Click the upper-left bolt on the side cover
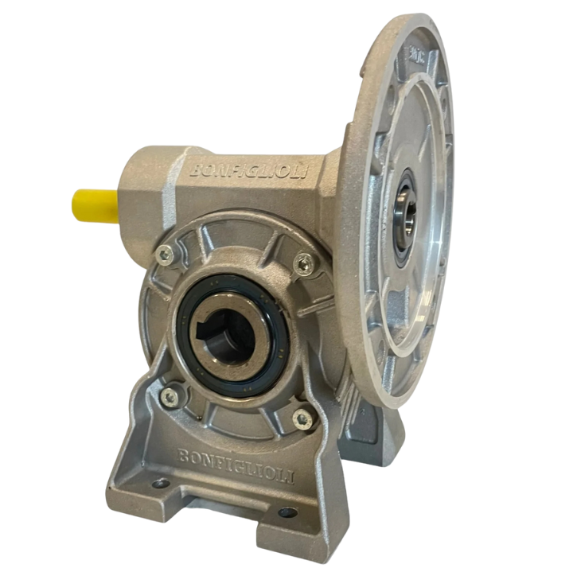[165, 254]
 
